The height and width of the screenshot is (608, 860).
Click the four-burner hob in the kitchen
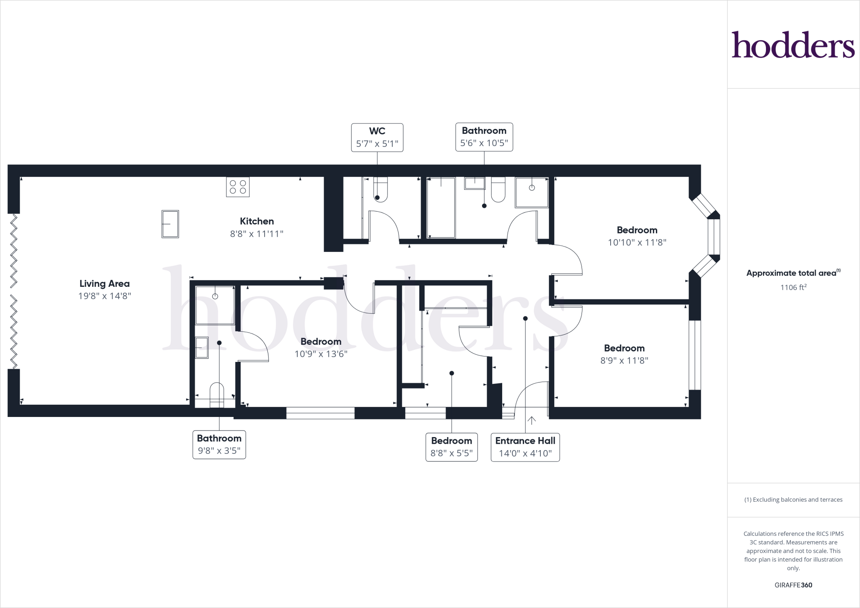click(238, 187)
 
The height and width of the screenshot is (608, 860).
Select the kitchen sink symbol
click(170, 224)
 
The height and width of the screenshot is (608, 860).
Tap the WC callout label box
click(377, 137)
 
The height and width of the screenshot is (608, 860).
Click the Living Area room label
click(105, 284)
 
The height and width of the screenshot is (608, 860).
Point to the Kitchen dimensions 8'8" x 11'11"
click(257, 234)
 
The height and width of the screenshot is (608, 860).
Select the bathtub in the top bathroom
click(441, 207)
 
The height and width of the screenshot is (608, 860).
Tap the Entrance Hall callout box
click(525, 447)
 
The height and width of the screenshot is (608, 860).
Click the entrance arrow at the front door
click(532, 420)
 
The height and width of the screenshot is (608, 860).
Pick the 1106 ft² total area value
click(793, 288)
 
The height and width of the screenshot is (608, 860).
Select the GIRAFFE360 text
click(793, 585)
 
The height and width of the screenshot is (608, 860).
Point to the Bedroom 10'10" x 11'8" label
click(637, 236)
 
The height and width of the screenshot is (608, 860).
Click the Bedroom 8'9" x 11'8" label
click(624, 354)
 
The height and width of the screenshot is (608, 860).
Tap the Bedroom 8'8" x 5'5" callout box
click(451, 447)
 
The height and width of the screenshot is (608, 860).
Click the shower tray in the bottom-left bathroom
click(215, 305)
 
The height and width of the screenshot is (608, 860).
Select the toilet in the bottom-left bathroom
click(217, 395)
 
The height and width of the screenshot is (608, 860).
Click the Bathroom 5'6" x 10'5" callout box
click(484, 137)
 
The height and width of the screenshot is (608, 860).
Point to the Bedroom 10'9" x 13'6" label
click(321, 348)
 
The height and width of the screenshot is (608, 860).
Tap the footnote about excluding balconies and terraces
click(793, 500)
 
